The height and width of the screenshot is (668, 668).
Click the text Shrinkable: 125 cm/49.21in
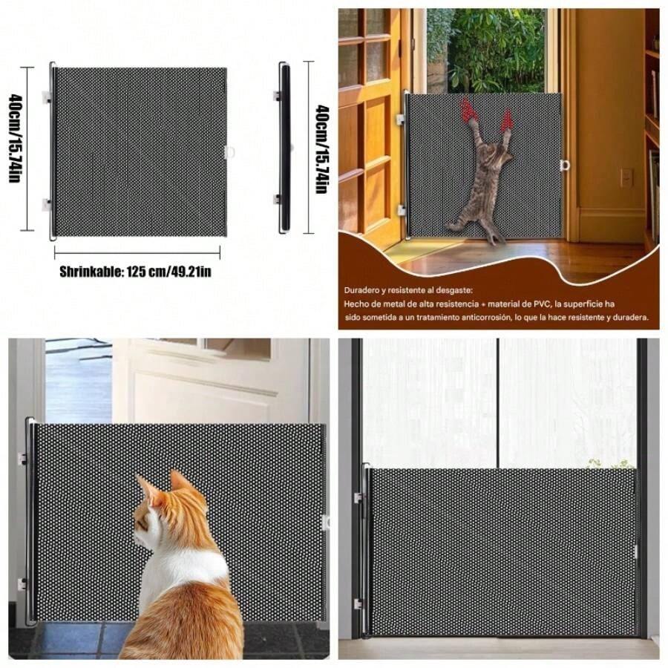[x=135, y=272]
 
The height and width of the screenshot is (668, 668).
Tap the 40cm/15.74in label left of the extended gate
[x=15, y=149]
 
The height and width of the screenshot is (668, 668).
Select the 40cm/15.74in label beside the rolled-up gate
[x=321, y=149]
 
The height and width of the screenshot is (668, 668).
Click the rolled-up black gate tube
[x=284, y=148]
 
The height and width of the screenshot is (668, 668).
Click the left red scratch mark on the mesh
[x=468, y=111]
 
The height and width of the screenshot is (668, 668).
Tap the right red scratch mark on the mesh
[x=507, y=119]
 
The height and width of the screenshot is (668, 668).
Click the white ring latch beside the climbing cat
[x=566, y=165]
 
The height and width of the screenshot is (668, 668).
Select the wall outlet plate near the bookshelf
[x=626, y=177]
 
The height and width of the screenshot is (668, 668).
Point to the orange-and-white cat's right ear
[x=179, y=482]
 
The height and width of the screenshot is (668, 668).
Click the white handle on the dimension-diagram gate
[x=229, y=152]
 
